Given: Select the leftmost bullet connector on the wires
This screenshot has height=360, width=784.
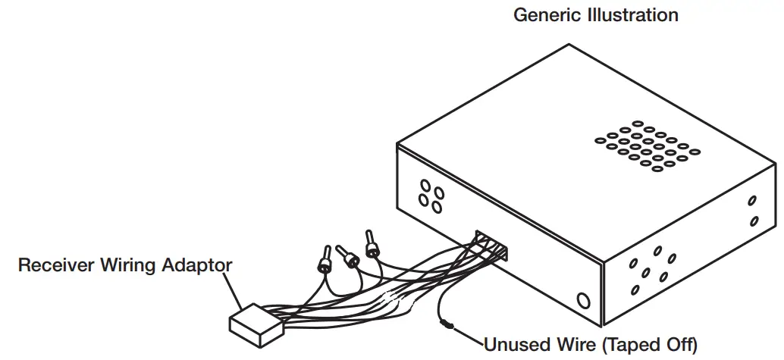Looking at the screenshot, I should point(325,260).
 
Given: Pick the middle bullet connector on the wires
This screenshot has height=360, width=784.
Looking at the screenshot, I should point(349,257).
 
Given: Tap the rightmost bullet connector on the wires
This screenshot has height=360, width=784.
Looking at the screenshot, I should point(372,244).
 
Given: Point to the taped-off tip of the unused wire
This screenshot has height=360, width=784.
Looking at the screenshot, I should point(446,324).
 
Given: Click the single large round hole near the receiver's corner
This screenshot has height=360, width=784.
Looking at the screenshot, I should point(582,301).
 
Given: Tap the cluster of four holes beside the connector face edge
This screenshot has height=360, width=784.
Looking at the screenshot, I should point(431,196).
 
